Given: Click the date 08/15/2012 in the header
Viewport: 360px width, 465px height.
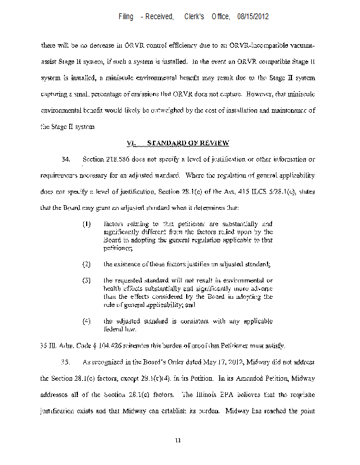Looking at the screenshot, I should point(253,17).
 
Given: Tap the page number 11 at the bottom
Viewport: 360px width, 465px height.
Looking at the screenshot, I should point(180,441).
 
